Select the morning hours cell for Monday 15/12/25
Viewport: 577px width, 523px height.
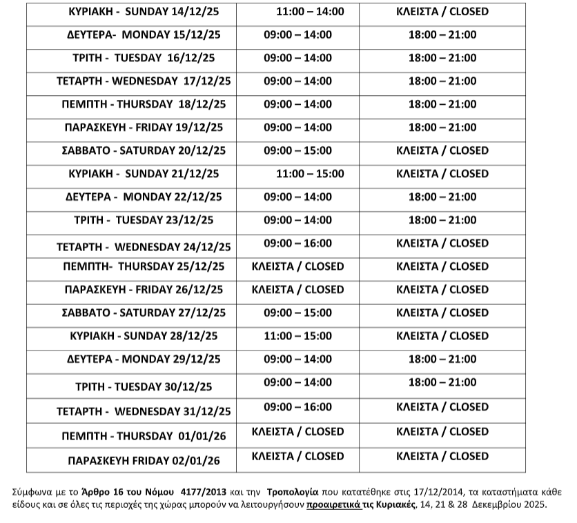pos(297,34)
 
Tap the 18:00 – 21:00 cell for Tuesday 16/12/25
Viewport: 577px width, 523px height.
pos(442,58)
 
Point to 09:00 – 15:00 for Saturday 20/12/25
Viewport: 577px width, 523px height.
pos(297,150)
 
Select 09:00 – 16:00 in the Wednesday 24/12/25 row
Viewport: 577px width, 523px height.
pos(297,243)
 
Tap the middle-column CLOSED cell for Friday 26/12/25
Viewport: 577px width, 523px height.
pos(297,289)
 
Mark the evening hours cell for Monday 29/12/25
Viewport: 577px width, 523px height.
pos(442,359)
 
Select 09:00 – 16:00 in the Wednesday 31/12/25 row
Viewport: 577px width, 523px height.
pos(297,407)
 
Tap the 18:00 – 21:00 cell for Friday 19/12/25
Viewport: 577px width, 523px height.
pos(442,128)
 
